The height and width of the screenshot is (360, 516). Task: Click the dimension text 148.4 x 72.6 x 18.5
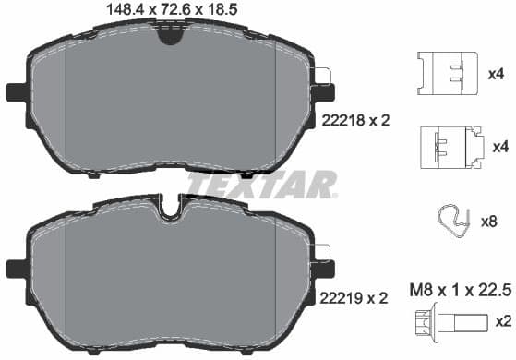tap(167, 10)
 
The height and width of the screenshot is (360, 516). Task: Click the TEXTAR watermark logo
tap(261, 185)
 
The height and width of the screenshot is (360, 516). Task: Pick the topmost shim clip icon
tap(446, 72)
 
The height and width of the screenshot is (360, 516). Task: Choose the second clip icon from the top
tap(450, 147)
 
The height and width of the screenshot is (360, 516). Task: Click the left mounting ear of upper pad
tap(16, 91)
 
